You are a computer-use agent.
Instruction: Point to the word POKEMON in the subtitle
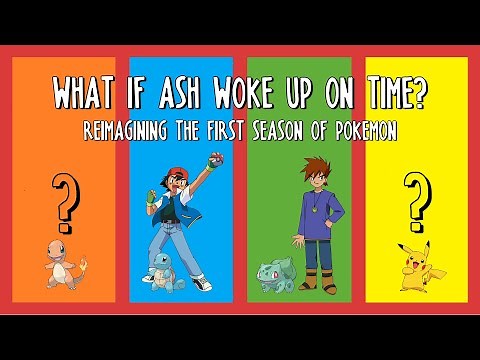click(364, 130)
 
